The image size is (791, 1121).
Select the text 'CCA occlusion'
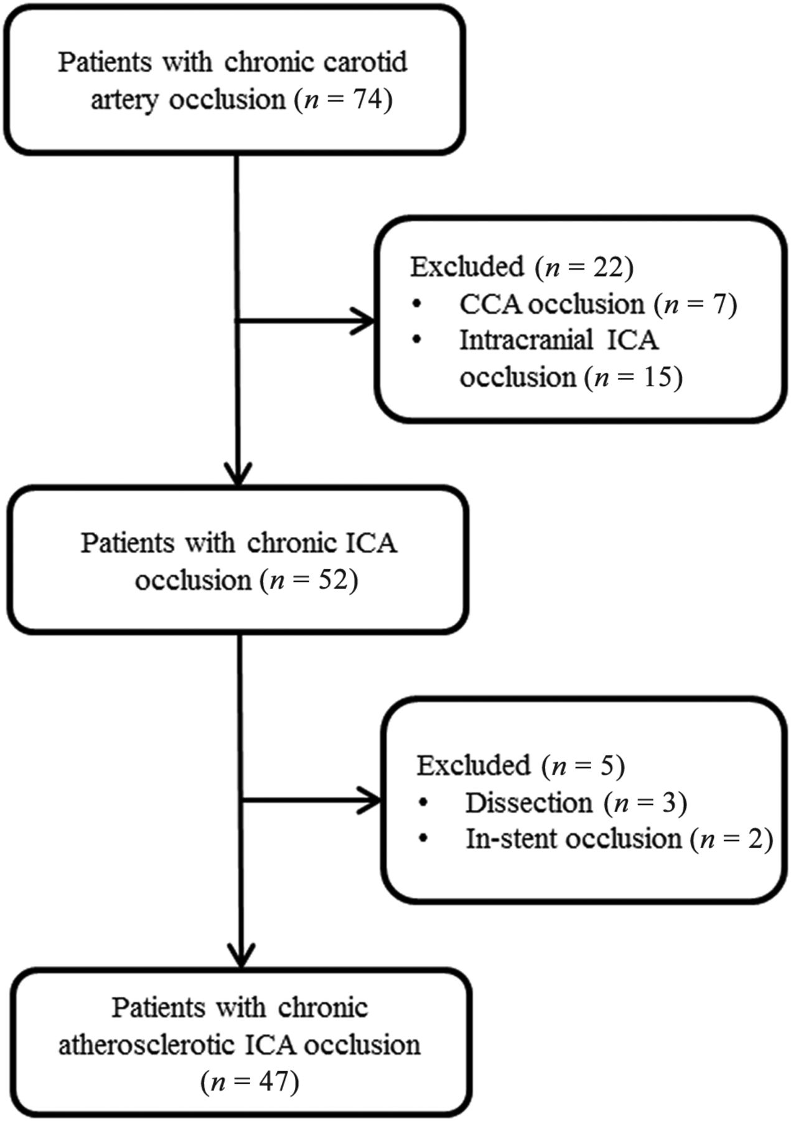(x=552, y=304)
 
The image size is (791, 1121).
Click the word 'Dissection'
(x=529, y=803)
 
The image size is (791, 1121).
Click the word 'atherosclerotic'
(x=147, y=1045)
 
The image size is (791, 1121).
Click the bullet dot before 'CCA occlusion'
(x=416, y=305)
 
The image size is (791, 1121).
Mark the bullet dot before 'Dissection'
(x=423, y=803)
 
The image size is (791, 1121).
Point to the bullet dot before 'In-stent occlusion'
(x=423, y=840)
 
